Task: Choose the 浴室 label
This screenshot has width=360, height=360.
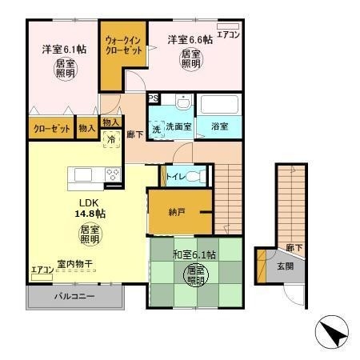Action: pyautogui.click(x=219, y=126)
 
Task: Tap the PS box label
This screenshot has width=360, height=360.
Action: pyautogui.click(x=154, y=99)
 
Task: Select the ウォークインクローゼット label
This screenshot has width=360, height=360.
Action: pyautogui.click(x=122, y=45)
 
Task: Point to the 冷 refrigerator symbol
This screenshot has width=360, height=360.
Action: pyautogui.click(x=111, y=139)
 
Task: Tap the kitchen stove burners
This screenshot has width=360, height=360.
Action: pyautogui.click(x=111, y=174)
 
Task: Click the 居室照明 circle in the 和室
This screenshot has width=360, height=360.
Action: pyautogui.click(x=194, y=276)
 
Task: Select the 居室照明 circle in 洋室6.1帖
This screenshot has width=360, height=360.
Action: pyautogui.click(x=65, y=67)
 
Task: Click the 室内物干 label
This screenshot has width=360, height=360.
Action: pyautogui.click(x=74, y=262)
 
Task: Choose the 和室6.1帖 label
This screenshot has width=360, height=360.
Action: pyautogui.click(x=194, y=254)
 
